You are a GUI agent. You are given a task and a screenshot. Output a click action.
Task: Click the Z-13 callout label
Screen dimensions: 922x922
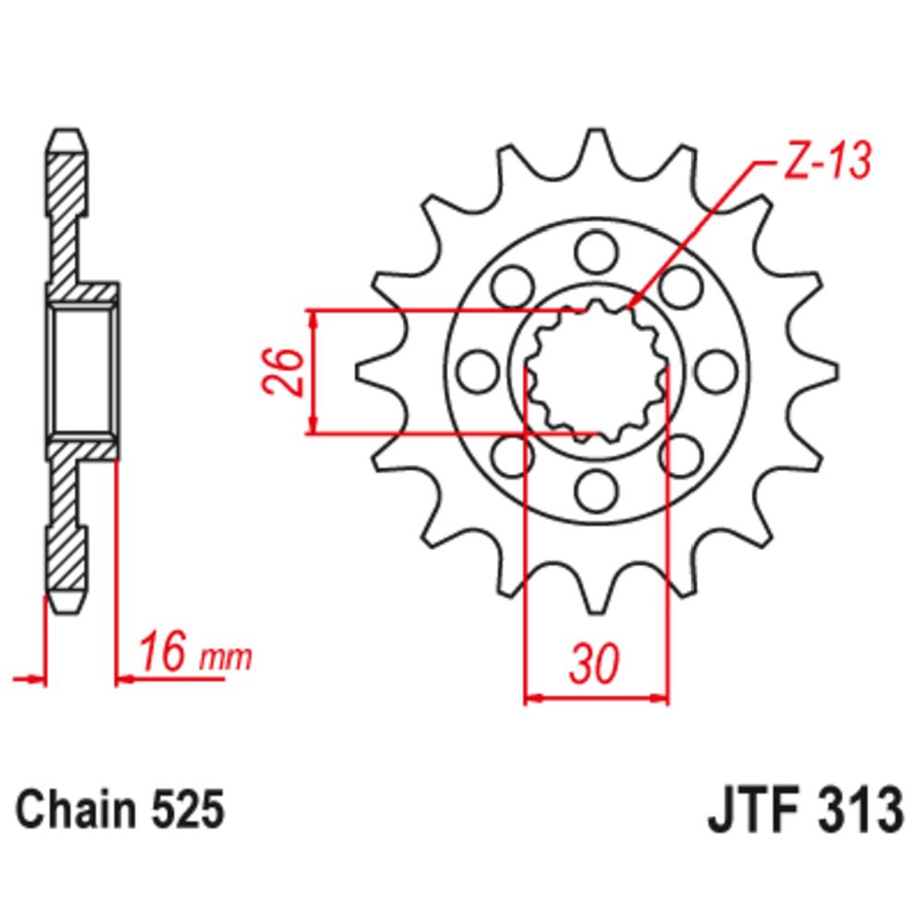tap(827, 160)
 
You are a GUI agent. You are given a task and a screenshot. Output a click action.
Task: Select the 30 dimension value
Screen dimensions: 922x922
tap(595, 663)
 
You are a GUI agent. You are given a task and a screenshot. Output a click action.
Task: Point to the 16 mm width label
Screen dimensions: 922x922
tap(195, 652)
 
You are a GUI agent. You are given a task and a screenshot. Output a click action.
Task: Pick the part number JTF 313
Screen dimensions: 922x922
tap(805, 810)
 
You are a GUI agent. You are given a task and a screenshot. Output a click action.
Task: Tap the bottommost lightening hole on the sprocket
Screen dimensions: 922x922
tap(597, 491)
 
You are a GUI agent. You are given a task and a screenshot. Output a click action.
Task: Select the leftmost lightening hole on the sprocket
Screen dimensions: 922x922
tap(478, 372)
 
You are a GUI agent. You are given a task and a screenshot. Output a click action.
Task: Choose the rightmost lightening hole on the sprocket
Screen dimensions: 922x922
tap(716, 372)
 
